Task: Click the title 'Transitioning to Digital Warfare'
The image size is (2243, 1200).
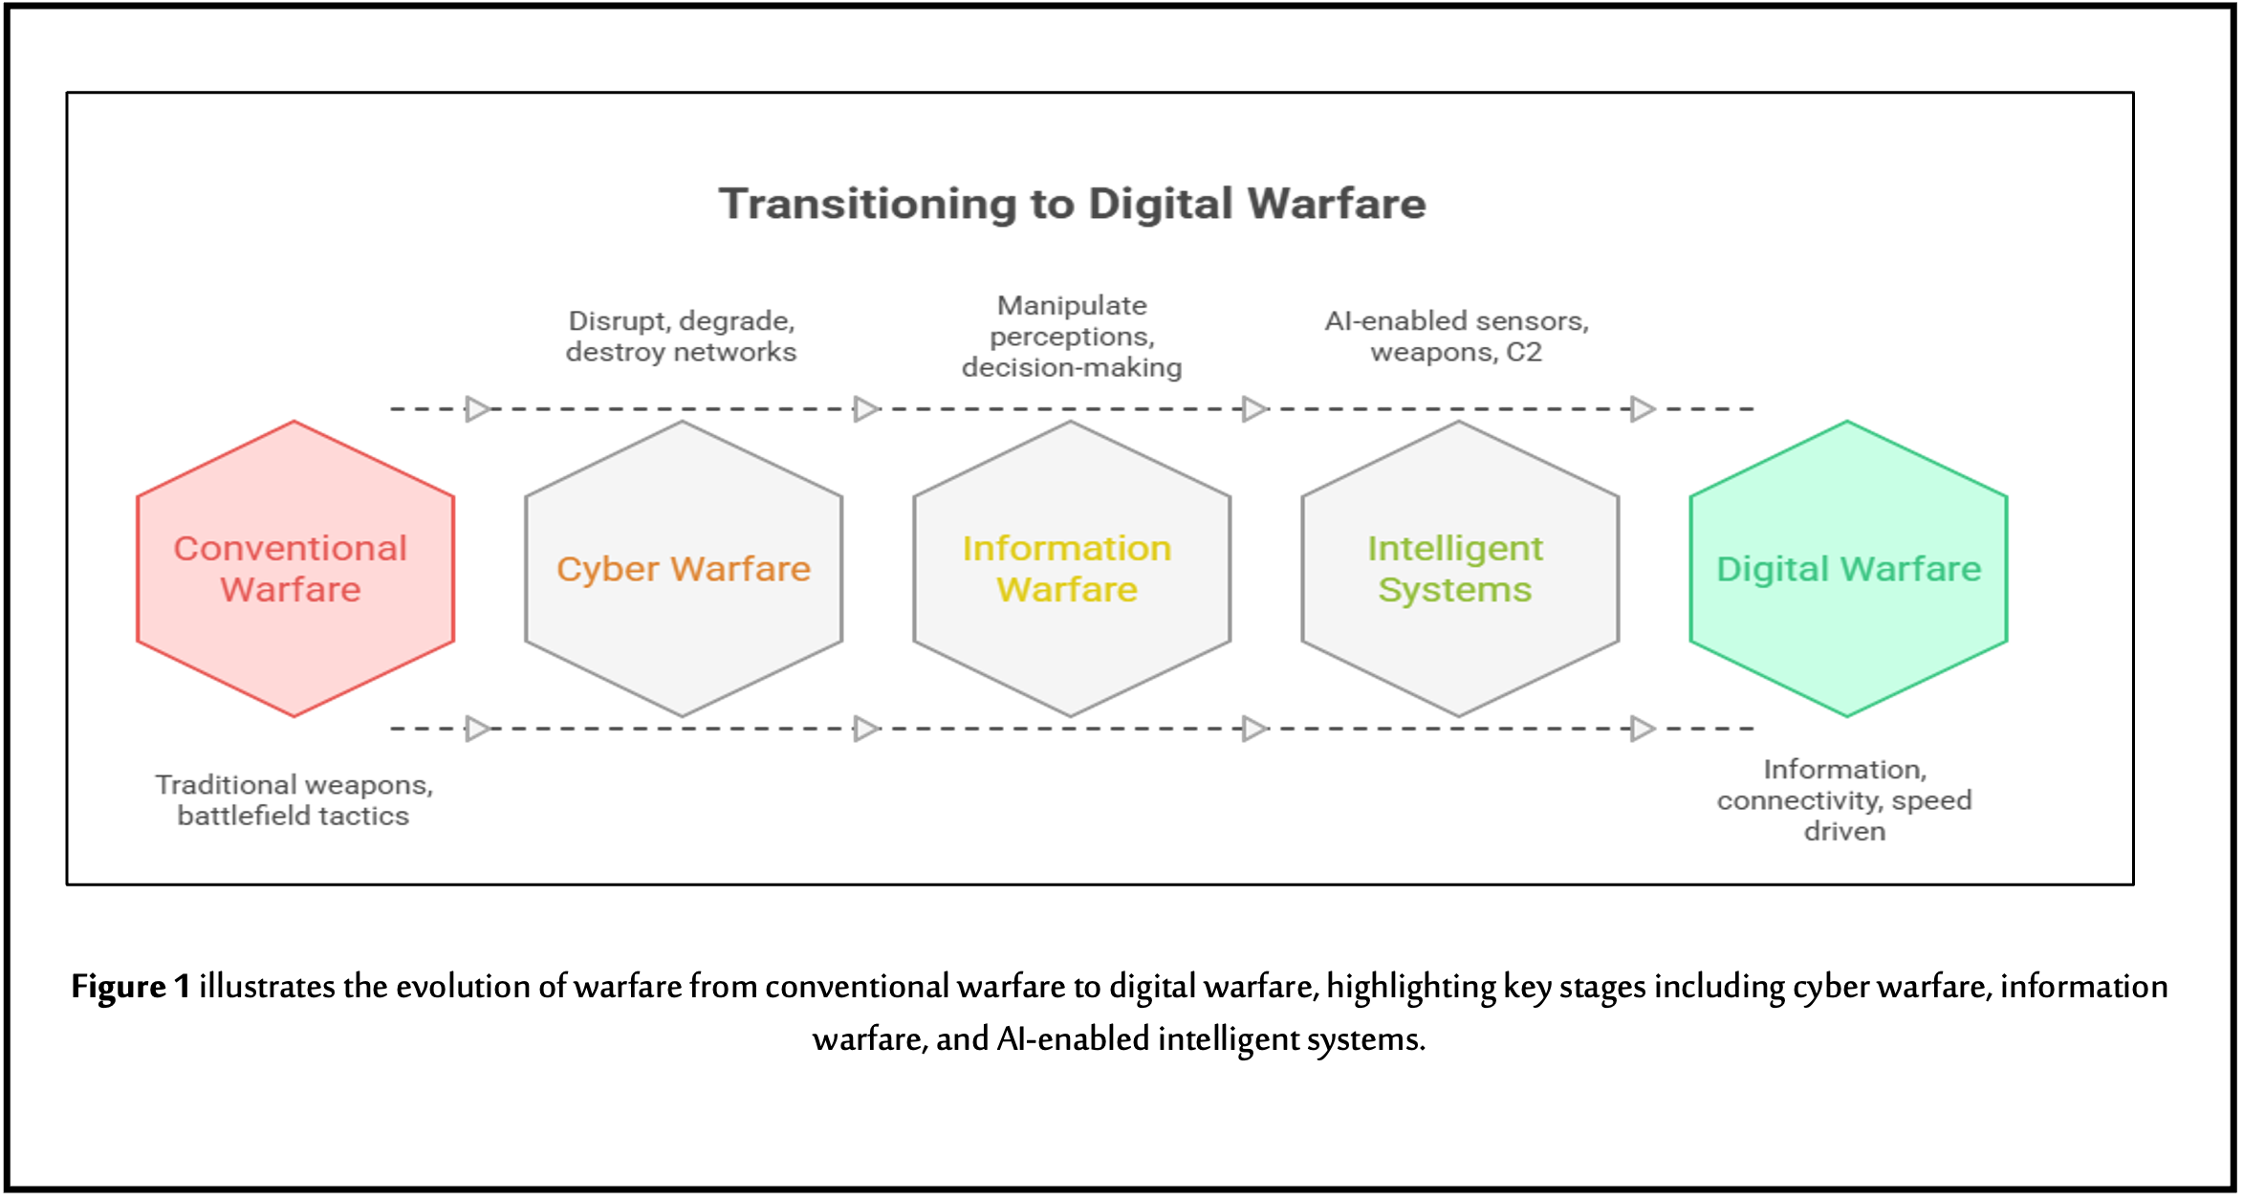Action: coord(1072,204)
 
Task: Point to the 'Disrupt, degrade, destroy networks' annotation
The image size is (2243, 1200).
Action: coord(681,337)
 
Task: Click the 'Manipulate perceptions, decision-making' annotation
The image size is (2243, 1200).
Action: coord(1072,337)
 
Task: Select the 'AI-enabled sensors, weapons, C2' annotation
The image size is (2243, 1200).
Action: coord(1456,337)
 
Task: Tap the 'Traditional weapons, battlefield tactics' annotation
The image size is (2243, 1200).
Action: coord(294,800)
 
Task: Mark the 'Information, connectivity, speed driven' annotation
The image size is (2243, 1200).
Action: coord(1844,800)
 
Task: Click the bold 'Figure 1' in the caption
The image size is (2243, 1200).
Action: coord(130,987)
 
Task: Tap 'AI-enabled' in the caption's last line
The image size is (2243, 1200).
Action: coord(1073,1039)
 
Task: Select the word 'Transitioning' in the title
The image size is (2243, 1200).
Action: coord(868,204)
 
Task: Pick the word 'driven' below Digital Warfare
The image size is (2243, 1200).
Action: coord(1844,832)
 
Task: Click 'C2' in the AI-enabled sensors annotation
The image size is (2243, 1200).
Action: coord(1524,353)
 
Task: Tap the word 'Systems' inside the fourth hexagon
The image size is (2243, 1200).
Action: coord(1454,590)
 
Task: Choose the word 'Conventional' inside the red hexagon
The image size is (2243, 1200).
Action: coord(291,549)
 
